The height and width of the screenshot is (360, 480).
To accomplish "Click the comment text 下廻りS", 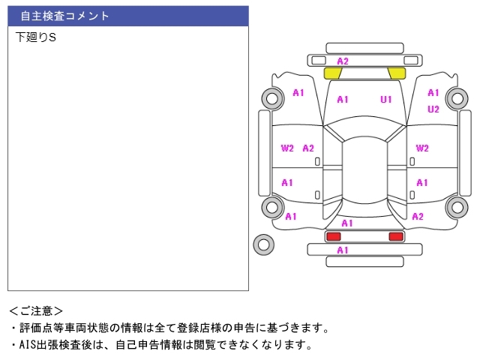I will pos(36,37).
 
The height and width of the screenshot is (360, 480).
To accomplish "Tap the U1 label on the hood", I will pos(386,99).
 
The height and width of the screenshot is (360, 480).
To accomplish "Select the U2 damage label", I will pos(433,109).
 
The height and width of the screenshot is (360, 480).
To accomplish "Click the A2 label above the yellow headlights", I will pos(343,61).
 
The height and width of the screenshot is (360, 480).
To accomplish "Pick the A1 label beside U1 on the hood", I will pos(343,99).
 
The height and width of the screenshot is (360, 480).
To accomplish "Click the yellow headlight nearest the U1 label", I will pos(396,73).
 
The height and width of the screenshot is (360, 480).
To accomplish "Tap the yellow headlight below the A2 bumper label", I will pos(332,73).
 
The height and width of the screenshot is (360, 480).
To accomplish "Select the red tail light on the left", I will pos(332,236).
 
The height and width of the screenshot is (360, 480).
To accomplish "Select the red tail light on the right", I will pos(395,236).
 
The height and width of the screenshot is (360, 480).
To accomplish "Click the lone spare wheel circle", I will pos(263,244).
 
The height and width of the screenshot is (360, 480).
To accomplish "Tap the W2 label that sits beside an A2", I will pos(287,148).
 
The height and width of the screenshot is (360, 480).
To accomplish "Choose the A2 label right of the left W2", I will pos(308,148).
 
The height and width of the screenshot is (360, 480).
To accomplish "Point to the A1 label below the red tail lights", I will pos(343,250).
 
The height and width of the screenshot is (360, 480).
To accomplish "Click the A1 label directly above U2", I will pos(433,93).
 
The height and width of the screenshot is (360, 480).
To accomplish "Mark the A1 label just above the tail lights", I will pos(347,223).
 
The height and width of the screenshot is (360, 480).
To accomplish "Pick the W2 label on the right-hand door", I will pos(422,148).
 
